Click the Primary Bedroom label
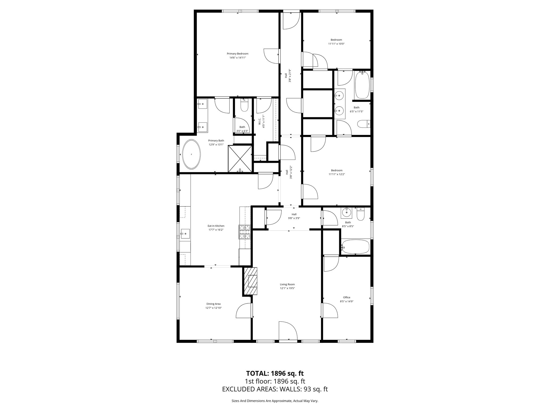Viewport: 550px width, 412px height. click(237, 54)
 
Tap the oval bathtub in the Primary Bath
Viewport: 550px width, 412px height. click(191, 154)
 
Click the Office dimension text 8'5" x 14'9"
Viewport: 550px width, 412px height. click(346, 301)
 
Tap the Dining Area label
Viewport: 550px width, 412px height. click(214, 304)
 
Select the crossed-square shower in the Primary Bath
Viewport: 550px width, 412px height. click(240, 159)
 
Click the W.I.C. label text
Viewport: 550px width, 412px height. click(260, 122)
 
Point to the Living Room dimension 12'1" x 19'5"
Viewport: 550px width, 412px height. click(287, 288)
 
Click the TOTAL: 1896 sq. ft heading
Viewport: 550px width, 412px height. click(275, 373)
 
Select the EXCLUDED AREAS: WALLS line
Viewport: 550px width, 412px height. click(275, 389)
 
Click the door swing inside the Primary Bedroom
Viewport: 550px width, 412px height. click(271, 57)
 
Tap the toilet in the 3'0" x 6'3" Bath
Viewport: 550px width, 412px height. click(244, 106)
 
